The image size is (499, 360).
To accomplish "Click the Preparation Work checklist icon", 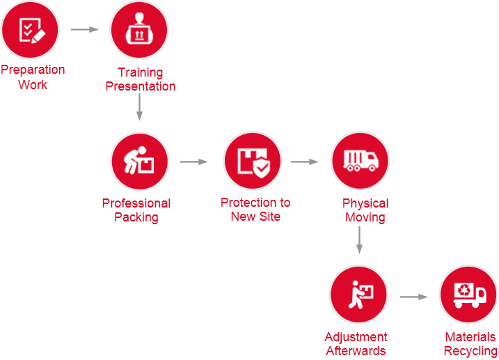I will [30, 29].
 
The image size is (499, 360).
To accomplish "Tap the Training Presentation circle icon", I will [139, 30].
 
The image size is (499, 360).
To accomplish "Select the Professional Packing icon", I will [140, 162].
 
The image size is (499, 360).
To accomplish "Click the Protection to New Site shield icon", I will [253, 162].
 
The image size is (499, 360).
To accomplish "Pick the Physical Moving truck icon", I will [360, 162].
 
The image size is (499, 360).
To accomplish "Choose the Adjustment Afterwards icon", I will [358, 294].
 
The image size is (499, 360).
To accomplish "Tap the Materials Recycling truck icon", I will [468, 294].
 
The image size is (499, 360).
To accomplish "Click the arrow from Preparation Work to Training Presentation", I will [85, 29].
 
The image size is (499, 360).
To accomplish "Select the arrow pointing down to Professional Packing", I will [139, 107].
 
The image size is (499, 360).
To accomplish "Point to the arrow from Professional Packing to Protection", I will [194, 162].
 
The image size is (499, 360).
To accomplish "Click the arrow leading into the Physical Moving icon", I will [305, 162].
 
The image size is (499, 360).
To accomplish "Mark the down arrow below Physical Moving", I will [359, 239].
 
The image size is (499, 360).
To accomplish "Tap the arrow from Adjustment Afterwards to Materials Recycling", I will [413, 297].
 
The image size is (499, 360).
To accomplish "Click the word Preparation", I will [33, 70].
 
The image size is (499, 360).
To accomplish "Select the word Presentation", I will [141, 86].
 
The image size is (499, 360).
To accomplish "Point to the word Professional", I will [136, 203].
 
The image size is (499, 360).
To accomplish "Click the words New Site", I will [255, 217].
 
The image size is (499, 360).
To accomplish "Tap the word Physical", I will [365, 203].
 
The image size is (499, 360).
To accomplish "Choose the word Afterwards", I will [356, 351].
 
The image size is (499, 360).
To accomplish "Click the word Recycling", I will [470, 351].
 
